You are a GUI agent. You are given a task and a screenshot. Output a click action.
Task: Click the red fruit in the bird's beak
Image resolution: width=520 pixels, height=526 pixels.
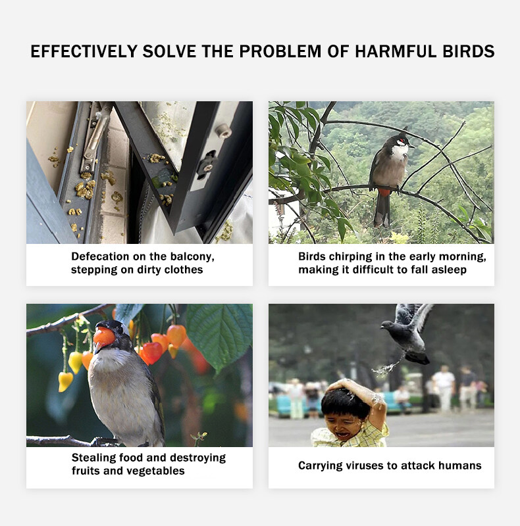103,337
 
